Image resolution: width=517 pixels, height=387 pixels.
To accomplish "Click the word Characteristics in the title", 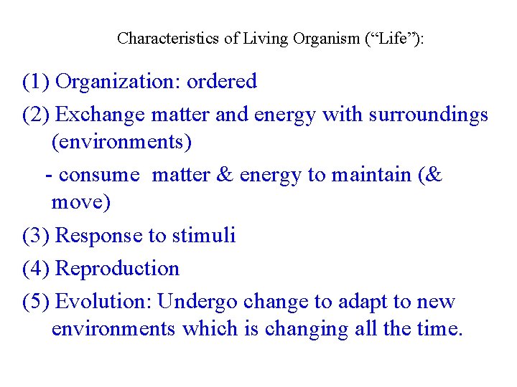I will coord(168,38).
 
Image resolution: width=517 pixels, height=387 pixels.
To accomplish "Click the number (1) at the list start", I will coord(36,82).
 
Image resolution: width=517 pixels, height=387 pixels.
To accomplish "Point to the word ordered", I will coord(221,82).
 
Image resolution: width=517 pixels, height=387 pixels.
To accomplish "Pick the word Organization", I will coord(117,82).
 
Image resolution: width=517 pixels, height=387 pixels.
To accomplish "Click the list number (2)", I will coord(36,115).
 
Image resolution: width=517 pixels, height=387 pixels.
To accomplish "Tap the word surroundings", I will coord(429,115).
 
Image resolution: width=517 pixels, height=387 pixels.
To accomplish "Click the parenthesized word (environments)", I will coord(121,142).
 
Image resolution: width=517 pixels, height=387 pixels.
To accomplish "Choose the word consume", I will coord(98,176).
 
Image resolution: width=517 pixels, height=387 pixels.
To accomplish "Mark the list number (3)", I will coord(36,236).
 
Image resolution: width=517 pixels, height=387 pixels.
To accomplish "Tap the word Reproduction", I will coord(117,269).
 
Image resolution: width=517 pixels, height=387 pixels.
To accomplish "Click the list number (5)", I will coord(36,302).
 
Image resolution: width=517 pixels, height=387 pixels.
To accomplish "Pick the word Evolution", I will coord(103,302).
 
